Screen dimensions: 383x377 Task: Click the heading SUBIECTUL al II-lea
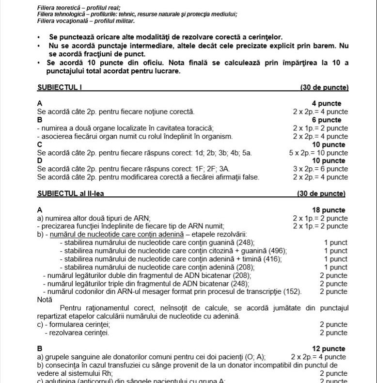(70, 193)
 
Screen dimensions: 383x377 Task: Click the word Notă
(45, 300)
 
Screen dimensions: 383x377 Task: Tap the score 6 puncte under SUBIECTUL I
(330, 120)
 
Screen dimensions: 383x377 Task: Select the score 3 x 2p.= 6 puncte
(320, 169)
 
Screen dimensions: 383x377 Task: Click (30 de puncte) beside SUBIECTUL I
(324, 87)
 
